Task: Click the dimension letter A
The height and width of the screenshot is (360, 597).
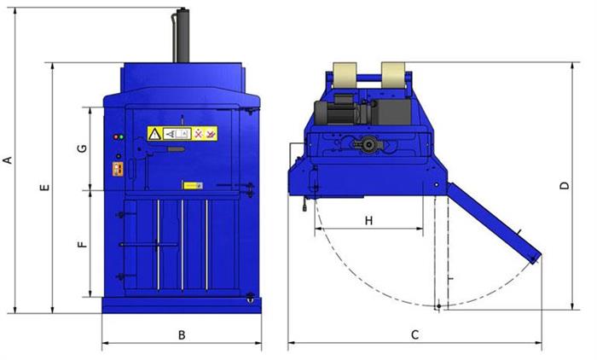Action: tap(8, 160)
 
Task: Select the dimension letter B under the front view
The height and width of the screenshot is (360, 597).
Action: tap(182, 335)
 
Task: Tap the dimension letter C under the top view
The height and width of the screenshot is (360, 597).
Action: tap(414, 335)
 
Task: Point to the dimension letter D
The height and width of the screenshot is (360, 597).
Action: tap(565, 185)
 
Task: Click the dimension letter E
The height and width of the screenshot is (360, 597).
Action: tap(45, 188)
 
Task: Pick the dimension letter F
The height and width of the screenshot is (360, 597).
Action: tap(82, 244)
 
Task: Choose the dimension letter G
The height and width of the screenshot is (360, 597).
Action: tap(82, 148)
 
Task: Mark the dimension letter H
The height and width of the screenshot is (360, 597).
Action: tap(368, 221)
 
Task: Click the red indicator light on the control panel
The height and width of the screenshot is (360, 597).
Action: tap(116, 137)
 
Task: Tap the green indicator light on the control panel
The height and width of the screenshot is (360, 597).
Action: tap(121, 137)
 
